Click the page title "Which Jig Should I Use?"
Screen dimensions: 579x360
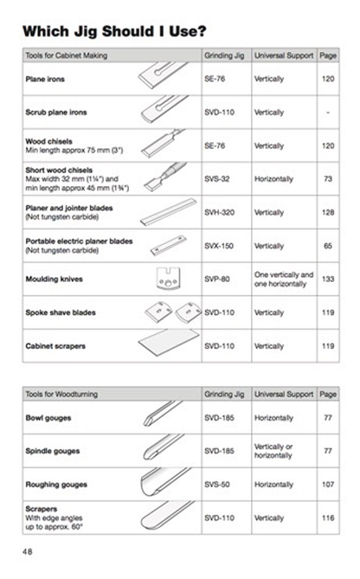point(114,31)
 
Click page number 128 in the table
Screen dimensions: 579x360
point(328,212)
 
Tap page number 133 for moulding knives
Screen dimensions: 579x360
point(328,279)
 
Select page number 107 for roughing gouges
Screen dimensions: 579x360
point(328,484)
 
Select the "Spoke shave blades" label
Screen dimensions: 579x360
point(60,312)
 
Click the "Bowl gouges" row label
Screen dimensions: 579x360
point(48,418)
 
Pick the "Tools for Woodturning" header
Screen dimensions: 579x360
point(61,394)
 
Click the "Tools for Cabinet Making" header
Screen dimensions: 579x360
point(66,55)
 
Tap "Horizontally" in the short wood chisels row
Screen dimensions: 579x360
point(274,179)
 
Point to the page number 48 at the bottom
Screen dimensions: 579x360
point(27,551)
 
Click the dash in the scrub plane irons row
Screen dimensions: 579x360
point(328,112)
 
